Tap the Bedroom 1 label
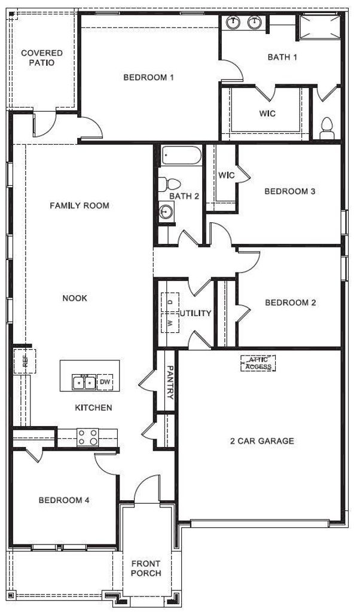(148, 77)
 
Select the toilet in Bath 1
(327, 129)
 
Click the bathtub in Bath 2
(182, 156)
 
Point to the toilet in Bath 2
(170, 183)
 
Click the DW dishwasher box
(105, 382)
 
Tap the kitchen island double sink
(84, 382)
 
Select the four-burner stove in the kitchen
(87, 437)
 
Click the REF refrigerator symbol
(25, 362)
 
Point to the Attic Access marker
(258, 363)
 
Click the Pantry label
(170, 382)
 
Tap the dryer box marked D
(170, 302)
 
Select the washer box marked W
(170, 323)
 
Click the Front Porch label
(146, 568)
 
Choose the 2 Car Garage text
(262, 442)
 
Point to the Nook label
(75, 299)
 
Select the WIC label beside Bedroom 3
(227, 175)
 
